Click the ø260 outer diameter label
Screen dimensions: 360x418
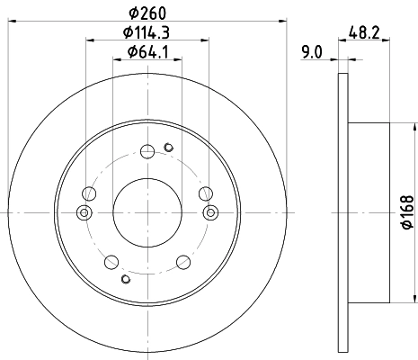tap(147, 12)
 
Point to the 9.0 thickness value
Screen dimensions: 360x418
tap(312, 52)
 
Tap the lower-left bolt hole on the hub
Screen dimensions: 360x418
tap(111, 261)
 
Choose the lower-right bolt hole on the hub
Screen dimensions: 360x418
tap(183, 261)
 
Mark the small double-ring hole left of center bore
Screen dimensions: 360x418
tap(84, 212)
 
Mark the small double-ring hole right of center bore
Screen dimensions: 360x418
tap(211, 212)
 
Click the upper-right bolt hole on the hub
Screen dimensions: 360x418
tap(206, 193)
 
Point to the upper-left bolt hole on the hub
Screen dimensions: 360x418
tap(88, 193)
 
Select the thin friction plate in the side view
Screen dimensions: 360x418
tap(342, 211)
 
